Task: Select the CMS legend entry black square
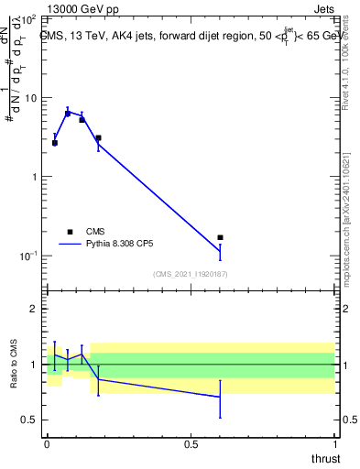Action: [x=69, y=232]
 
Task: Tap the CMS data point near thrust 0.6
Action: [x=220, y=237]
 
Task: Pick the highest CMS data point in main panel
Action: [x=68, y=114]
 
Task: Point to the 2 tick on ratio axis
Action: [x=35, y=310]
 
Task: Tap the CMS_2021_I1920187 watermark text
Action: [x=190, y=274]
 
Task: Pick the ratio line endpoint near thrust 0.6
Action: [x=220, y=397]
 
